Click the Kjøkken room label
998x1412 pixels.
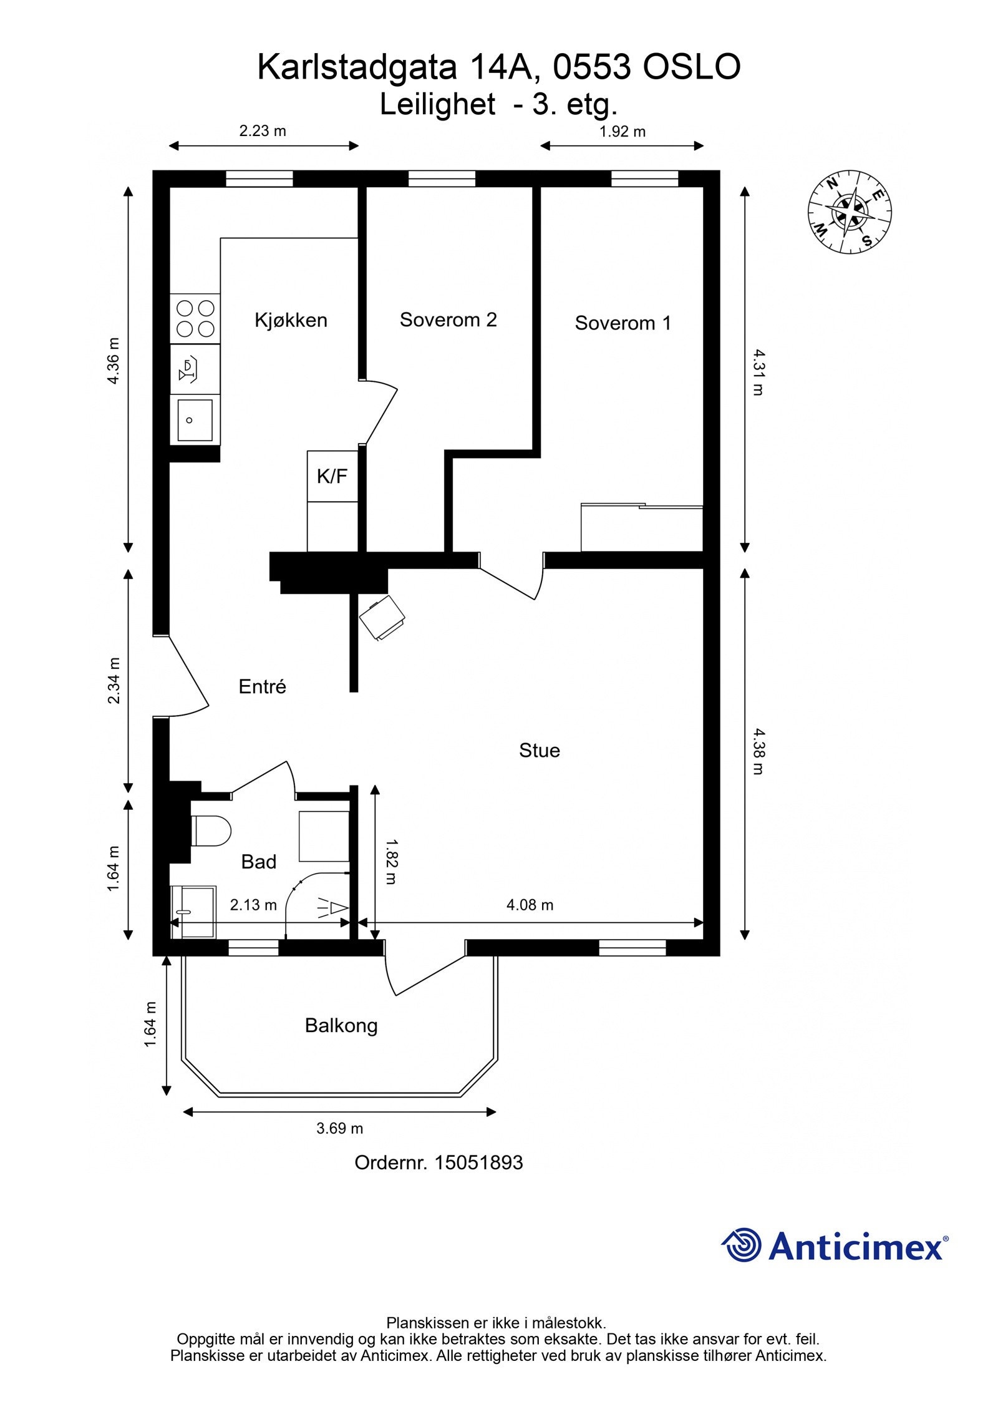[291, 320]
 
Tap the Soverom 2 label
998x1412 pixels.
[448, 319]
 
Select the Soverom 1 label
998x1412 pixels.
[623, 323]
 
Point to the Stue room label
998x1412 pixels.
[539, 750]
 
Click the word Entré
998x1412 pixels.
[262, 686]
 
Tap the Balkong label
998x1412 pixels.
[341, 1026]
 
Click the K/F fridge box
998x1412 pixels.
[332, 476]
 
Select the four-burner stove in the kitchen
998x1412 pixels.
[195, 319]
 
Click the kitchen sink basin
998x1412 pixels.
[195, 420]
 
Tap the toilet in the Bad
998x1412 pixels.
[211, 830]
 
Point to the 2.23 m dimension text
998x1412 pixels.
[263, 131]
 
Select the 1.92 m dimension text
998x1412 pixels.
[623, 132]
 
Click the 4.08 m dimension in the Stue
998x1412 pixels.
[530, 905]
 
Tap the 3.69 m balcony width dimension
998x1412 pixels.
[339, 1128]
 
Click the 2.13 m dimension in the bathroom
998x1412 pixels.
[253, 905]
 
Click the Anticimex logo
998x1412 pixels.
[835, 1246]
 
